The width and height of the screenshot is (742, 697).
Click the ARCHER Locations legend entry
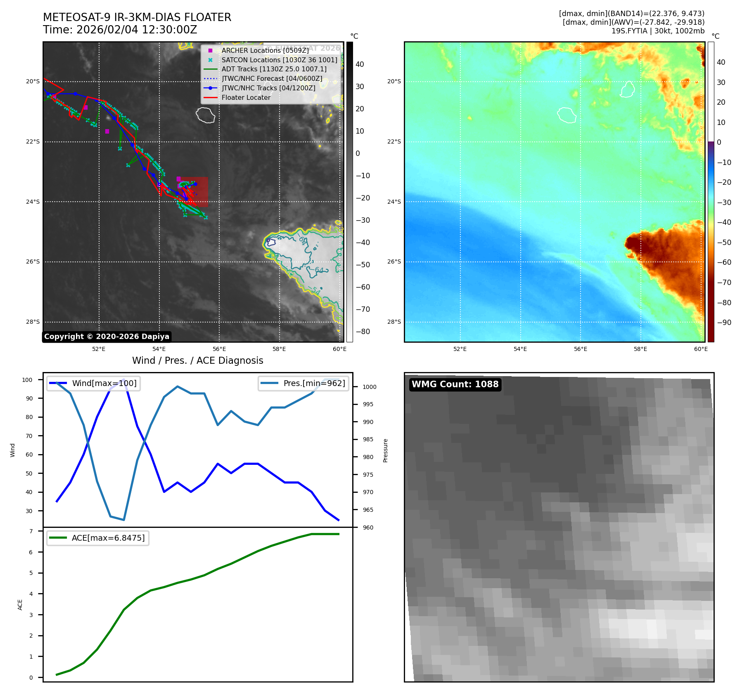tap(265, 50)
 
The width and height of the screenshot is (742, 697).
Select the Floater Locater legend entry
tap(246, 97)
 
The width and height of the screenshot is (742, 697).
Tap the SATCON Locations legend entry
tap(279, 60)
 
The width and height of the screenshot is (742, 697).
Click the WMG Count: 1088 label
tap(455, 384)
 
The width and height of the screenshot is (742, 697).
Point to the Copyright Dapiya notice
tap(107, 337)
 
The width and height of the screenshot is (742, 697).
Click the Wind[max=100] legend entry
tap(104, 383)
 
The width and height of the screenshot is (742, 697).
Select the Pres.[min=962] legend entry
tap(314, 383)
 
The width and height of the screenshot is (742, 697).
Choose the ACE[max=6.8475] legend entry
tap(108, 538)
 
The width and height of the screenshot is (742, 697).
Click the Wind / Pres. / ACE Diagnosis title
tap(197, 360)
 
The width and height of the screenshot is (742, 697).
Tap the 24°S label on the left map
tap(33, 202)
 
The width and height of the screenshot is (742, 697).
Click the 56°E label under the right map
tap(580, 349)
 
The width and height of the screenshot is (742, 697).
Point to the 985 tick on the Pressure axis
tap(368, 439)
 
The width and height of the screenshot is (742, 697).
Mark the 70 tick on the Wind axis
tap(29, 436)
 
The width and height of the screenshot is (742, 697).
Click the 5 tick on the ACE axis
tap(31, 573)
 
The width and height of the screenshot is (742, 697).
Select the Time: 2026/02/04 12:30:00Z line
tap(120, 30)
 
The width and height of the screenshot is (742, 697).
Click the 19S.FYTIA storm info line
tap(658, 31)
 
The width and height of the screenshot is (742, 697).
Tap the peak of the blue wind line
tap(123, 379)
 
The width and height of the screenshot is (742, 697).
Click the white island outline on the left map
tap(206, 115)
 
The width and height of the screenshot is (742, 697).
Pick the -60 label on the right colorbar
tap(724, 262)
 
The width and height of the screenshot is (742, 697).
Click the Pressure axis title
tap(385, 450)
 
